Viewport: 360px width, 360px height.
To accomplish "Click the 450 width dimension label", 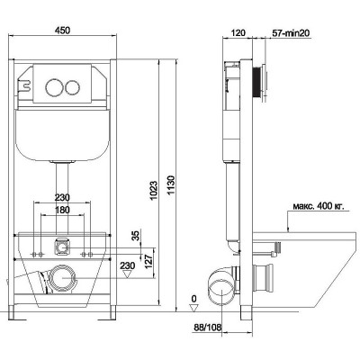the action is [63, 31].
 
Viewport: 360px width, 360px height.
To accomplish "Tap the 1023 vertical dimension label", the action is [154, 191].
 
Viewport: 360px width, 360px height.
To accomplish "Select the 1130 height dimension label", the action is [171, 185].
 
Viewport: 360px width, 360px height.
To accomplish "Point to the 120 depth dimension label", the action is [238, 32].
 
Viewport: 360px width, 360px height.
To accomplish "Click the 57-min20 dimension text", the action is [291, 33].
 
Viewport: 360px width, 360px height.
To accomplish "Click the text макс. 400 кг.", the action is [318, 206].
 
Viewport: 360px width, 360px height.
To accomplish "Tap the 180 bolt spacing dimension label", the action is [62, 210].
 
